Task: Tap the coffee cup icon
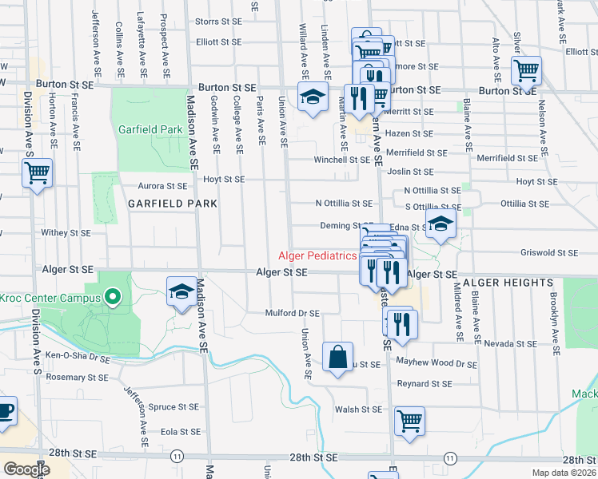[x=5, y=410]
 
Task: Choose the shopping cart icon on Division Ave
[x=37, y=173]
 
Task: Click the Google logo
[x=26, y=469]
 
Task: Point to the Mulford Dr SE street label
[x=293, y=314]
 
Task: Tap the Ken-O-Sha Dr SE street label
[x=78, y=355]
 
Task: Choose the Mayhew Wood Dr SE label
[x=437, y=363]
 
